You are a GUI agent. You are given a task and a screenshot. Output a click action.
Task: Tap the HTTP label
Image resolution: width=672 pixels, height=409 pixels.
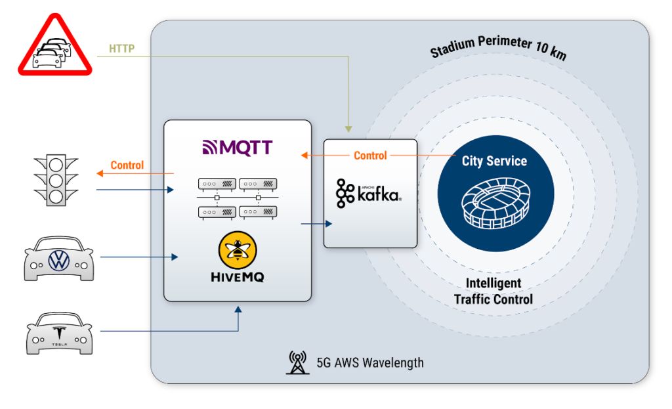tap(122, 48)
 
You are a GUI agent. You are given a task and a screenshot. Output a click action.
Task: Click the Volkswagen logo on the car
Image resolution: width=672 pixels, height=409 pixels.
tap(59, 261)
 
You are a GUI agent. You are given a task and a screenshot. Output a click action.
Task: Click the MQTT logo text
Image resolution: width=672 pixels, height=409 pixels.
tap(238, 146)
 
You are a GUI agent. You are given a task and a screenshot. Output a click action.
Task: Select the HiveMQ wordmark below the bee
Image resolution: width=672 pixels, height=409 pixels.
tap(237, 278)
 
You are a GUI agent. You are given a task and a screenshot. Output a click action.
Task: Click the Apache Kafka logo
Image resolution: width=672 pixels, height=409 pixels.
tap(369, 192)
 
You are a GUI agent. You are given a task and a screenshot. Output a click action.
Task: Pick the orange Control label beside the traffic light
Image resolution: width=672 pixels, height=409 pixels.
tap(127, 165)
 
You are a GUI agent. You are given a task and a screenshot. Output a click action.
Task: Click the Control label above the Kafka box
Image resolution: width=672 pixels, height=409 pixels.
tap(370, 156)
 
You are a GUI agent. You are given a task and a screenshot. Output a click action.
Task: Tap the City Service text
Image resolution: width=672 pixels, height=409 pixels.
tap(494, 161)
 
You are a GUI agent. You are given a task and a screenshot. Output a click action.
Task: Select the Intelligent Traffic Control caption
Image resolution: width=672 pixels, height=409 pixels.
tap(493, 291)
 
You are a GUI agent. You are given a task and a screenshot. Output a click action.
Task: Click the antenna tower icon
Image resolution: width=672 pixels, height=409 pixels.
tap(297, 362)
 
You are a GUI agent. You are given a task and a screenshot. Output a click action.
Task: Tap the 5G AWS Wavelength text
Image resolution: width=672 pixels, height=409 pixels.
tap(370, 362)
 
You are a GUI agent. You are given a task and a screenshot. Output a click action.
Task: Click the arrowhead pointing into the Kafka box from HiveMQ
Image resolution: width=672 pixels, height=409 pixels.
tap(329, 224)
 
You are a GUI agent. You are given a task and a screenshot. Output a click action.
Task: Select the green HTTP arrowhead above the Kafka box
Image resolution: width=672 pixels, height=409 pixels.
tap(349, 129)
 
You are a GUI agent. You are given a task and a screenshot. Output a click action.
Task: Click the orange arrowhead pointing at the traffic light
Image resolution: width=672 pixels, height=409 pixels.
tap(100, 173)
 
